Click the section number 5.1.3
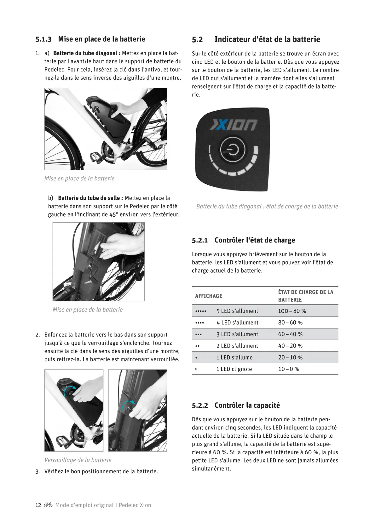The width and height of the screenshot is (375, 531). pos(43,39)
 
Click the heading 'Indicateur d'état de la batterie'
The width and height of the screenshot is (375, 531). pos(267,39)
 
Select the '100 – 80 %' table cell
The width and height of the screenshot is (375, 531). pos(292,311)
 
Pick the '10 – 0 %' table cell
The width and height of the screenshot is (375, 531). pos(288,369)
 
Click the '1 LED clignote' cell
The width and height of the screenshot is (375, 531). pos(234,369)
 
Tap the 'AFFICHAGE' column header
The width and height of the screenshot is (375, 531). pos(208,296)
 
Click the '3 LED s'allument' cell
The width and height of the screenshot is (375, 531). pos(237,334)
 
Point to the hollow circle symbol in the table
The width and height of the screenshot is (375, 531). pos(196,369)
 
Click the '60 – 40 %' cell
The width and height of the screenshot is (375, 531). pos(290,334)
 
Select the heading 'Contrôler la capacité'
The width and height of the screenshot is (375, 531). pos(247,405)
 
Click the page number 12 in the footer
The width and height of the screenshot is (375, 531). pos(38,505)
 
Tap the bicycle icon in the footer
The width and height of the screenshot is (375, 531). pos(48,505)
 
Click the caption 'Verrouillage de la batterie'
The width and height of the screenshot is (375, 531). pos(78,460)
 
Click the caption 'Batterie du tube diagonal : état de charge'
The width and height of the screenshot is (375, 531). pos(267,207)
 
